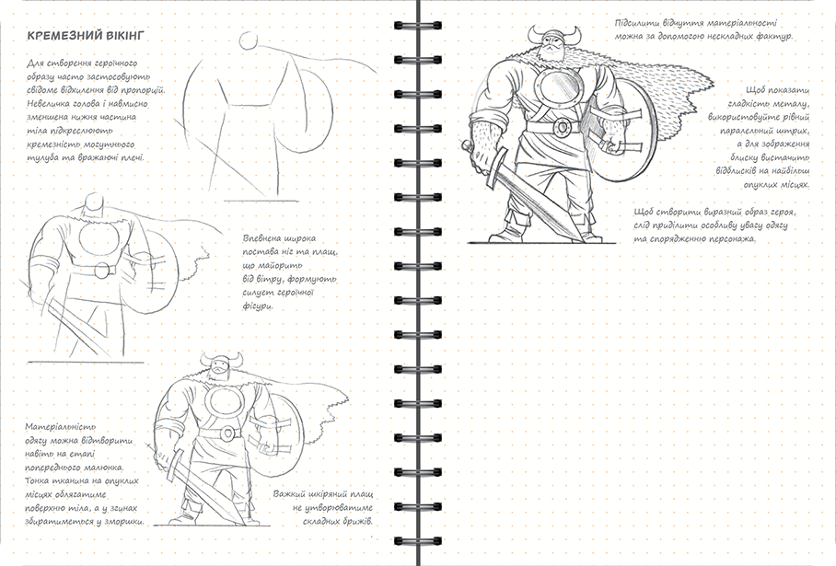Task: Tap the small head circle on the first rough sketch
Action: point(248,40)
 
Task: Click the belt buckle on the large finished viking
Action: point(562,126)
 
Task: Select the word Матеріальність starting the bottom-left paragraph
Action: point(60,427)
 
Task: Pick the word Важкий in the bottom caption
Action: point(291,494)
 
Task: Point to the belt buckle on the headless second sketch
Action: point(100,271)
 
